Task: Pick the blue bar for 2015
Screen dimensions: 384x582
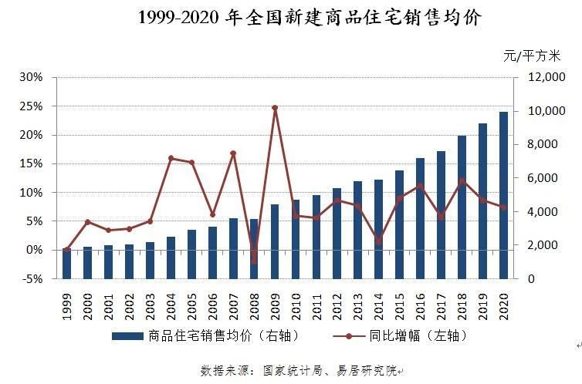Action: coord(400,224)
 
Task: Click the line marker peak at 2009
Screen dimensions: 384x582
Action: coord(275,108)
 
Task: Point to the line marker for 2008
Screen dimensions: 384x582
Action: coord(254,261)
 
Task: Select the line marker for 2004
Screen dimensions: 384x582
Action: coord(171,158)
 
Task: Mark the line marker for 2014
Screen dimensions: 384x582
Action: coord(379,241)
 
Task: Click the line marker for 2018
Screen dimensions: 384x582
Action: coord(462,181)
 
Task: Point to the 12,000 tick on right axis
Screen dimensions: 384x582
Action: coord(546,77)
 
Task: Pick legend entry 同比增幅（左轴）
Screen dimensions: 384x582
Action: coord(417,335)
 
